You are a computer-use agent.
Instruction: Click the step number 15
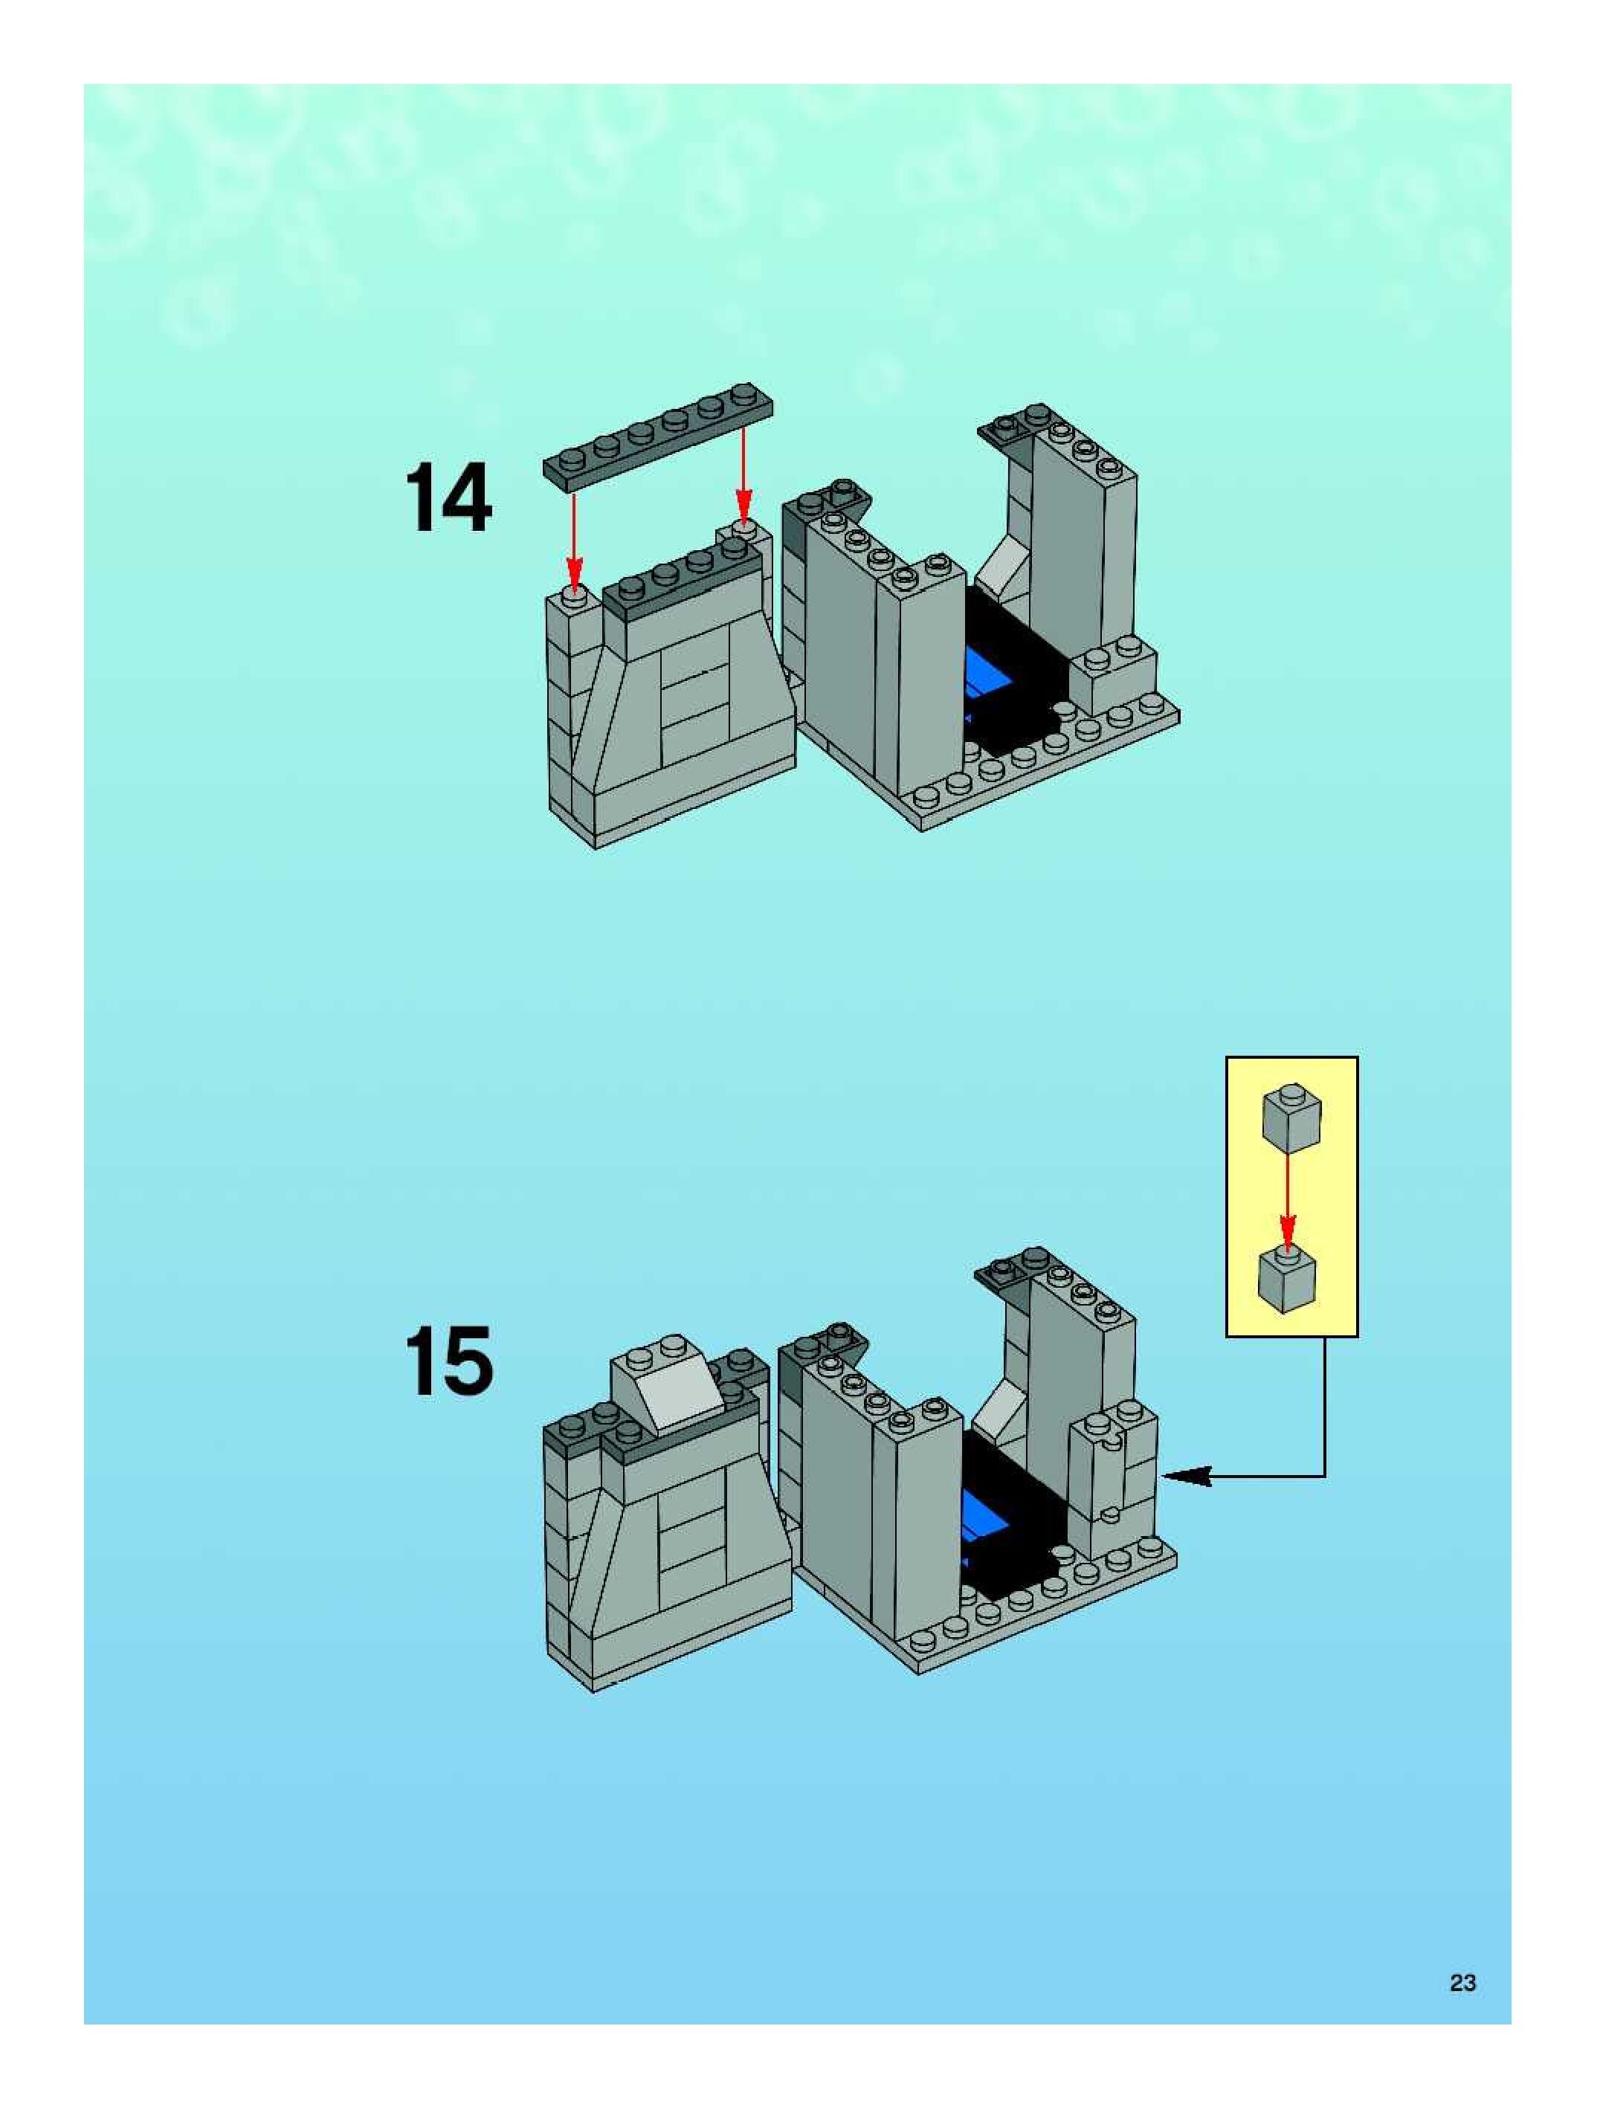(x=448, y=1361)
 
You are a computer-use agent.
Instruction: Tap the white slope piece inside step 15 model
(x=996, y=1404)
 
